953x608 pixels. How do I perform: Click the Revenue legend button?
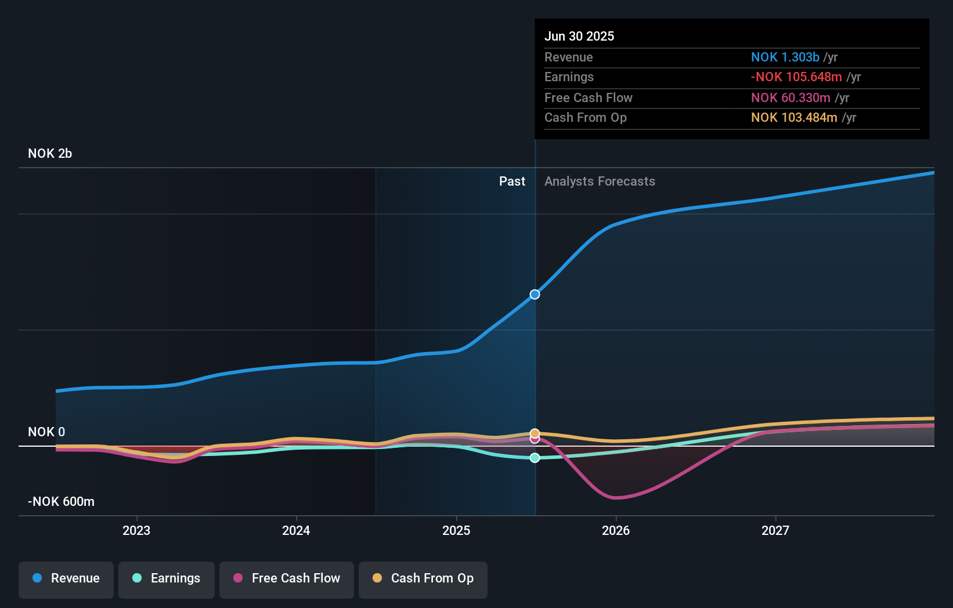tap(66, 578)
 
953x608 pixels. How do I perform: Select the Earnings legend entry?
tap(167, 578)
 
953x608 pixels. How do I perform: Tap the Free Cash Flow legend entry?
tap(287, 578)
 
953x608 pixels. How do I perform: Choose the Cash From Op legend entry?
tap(423, 578)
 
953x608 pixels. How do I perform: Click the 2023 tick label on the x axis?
tap(136, 530)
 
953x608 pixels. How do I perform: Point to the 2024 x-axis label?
tap(296, 530)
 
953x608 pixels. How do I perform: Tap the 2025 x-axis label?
tap(456, 530)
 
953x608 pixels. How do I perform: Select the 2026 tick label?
tap(616, 530)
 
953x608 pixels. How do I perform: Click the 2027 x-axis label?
tap(775, 530)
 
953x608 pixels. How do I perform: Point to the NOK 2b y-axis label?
tap(50, 154)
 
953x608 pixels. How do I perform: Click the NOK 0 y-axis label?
tap(46, 432)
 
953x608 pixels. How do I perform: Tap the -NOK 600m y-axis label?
tap(61, 502)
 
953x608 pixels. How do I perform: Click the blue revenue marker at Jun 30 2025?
tap(535, 295)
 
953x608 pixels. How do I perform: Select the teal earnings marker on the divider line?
tap(535, 458)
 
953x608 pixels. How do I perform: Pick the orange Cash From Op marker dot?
tap(535, 433)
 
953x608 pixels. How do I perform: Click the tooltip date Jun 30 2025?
tap(579, 37)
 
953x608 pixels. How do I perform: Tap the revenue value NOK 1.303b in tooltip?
tap(785, 57)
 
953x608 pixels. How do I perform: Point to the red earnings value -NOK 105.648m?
tap(796, 77)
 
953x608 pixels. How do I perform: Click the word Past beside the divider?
tap(512, 182)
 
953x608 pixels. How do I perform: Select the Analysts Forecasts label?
tap(600, 182)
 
